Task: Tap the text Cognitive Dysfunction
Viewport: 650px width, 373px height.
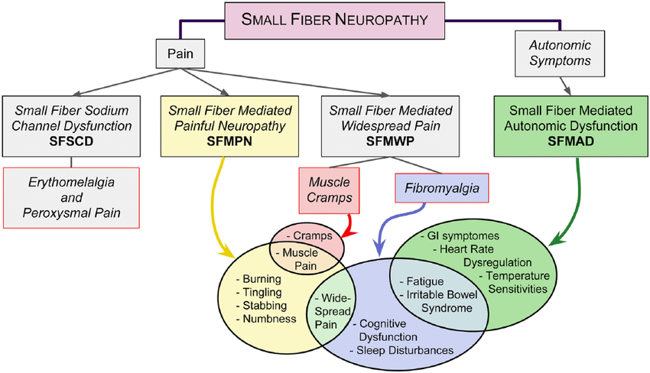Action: (x=388, y=330)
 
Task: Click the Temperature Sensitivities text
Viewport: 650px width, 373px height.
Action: (x=514, y=282)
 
